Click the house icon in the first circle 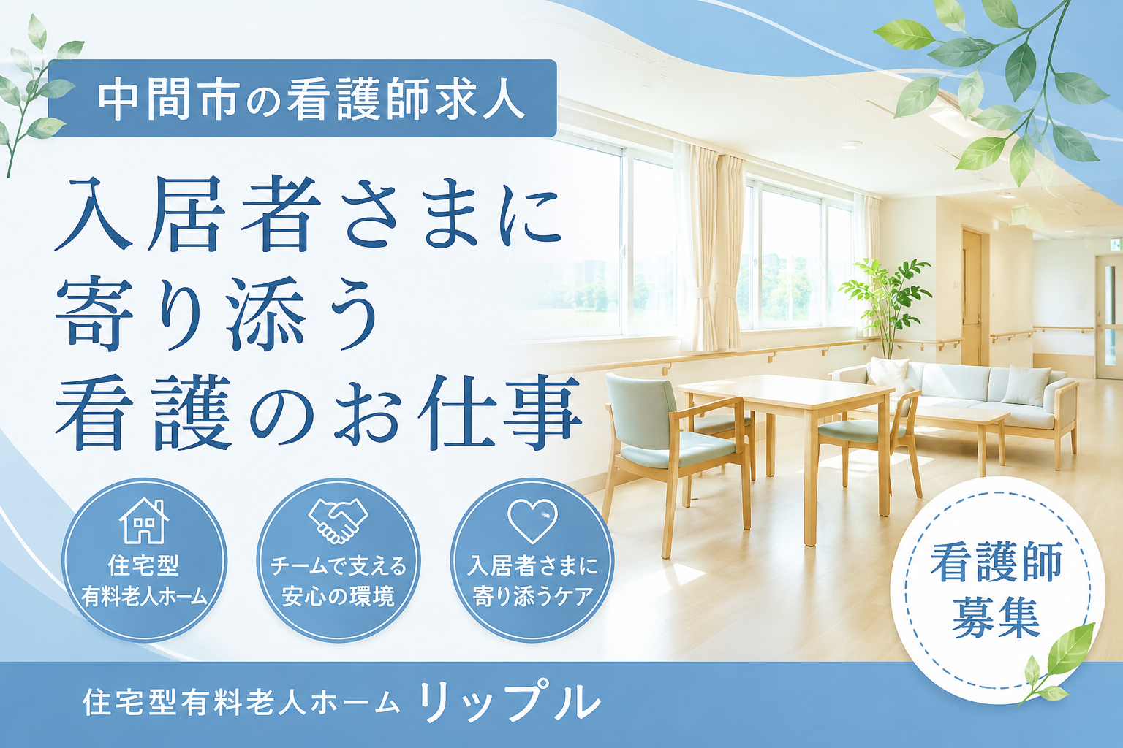[144, 521]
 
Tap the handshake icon [338, 521]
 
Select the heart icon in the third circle [532, 521]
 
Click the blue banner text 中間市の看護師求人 [311, 99]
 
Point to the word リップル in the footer [510, 703]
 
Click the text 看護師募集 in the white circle [997, 590]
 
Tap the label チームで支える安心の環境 [338, 581]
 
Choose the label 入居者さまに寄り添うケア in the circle [532, 581]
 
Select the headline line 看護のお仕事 [318, 412]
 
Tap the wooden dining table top [784, 392]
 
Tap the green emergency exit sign [1116, 245]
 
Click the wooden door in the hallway [972, 296]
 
